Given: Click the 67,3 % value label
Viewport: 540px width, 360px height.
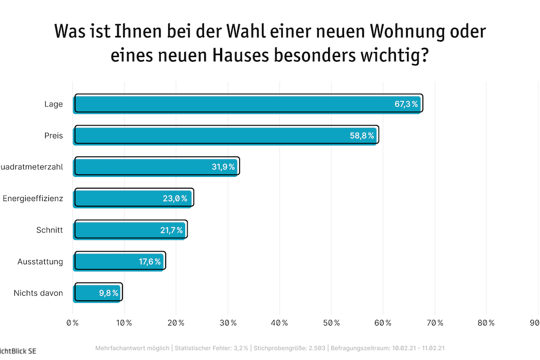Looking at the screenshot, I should [406, 104].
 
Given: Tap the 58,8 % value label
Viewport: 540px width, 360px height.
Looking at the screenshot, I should [362, 136].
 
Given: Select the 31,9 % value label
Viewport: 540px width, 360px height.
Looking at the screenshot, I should [223, 167].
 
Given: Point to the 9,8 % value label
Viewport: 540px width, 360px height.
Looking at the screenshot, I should [109, 294].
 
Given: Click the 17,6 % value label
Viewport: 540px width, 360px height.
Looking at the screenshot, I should [150, 262].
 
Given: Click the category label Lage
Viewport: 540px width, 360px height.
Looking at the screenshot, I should [53, 104].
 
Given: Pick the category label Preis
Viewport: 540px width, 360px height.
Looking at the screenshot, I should [53, 136].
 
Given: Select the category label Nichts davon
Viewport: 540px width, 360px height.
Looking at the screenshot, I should [39, 293].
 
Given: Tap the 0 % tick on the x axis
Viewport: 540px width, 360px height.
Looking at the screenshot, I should [73, 323].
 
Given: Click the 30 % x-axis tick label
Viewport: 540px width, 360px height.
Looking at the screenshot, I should [227, 323].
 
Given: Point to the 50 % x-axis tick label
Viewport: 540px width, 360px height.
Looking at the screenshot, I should [331, 323].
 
